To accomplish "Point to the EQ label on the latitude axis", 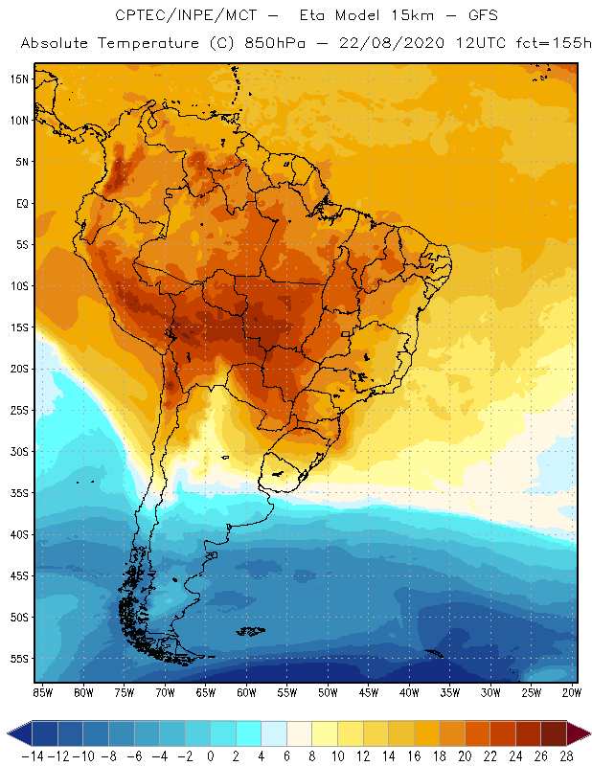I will point(21,203).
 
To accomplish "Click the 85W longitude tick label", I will point(43,691).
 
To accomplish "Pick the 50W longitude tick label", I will point(329,691).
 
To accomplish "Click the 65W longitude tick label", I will point(206,691).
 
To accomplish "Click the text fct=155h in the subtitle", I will point(551,44).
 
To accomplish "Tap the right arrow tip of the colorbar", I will point(586,733).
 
